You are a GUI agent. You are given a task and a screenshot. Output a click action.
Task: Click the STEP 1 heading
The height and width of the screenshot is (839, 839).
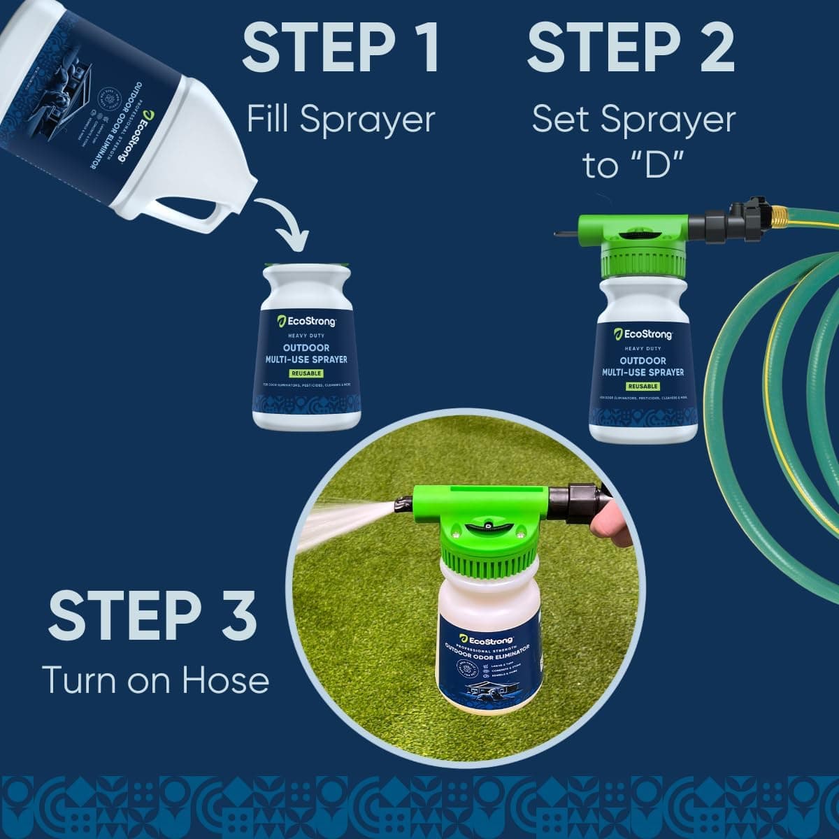[341, 48]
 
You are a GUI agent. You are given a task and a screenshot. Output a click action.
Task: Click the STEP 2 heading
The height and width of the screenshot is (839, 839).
[631, 48]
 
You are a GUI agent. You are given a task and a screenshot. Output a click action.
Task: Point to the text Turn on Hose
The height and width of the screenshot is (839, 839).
[155, 679]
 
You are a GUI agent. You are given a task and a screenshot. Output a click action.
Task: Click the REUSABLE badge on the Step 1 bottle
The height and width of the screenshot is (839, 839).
[307, 373]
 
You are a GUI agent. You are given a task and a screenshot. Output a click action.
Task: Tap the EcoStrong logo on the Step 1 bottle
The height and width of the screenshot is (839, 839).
[307, 321]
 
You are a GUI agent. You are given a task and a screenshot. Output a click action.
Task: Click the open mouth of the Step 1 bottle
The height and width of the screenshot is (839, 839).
[307, 267]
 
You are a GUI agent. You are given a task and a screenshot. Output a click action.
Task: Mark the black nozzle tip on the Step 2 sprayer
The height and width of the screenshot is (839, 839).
[564, 232]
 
